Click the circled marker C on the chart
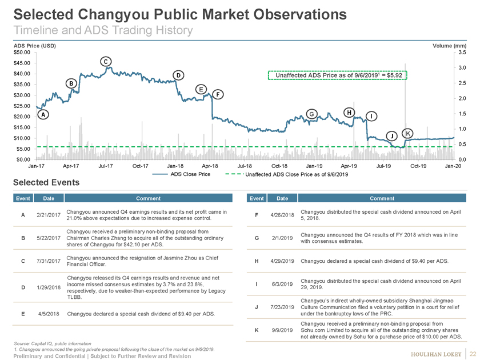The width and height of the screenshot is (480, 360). pos(106,61)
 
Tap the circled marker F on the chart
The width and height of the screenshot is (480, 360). pos(218,94)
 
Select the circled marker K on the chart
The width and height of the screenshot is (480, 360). pos(407,133)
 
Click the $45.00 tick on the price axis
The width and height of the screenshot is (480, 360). pos(22,63)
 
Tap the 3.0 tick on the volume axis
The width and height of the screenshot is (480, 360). pos(462,68)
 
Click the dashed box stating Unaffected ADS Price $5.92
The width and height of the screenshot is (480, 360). pos(337,75)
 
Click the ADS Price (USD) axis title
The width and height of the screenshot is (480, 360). pos(34,45)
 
